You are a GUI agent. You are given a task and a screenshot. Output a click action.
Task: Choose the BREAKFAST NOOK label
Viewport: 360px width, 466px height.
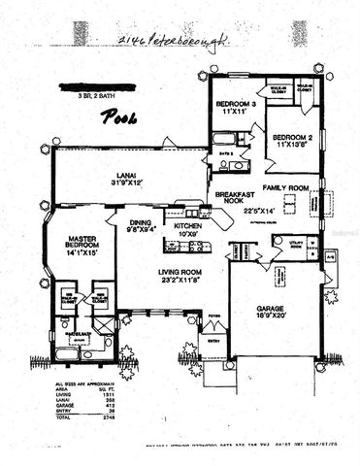click(235, 198)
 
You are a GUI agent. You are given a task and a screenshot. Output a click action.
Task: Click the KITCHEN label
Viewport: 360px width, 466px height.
click(187, 224)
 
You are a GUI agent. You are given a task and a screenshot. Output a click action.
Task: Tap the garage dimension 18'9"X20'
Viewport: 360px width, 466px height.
click(274, 316)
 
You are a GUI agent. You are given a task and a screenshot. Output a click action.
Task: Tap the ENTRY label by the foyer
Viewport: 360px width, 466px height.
click(212, 340)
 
